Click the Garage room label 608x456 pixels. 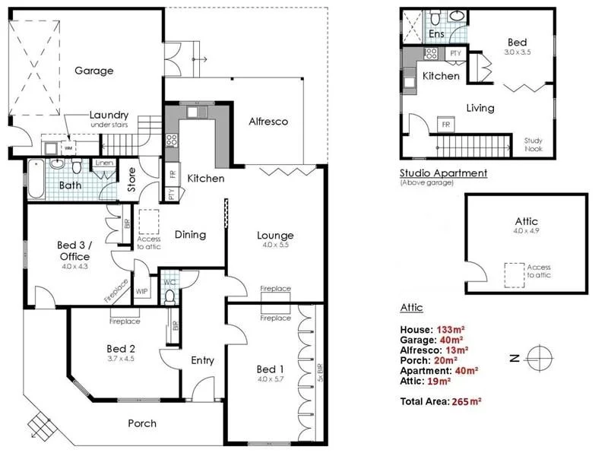93,71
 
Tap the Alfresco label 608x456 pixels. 268,121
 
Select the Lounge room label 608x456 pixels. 274,236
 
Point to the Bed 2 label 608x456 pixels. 121,349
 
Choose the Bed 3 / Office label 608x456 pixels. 73,251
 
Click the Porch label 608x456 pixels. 142,423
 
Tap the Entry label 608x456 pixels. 202,360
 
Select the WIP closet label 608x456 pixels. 141,291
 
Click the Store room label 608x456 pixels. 131,185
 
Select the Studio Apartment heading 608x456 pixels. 443,173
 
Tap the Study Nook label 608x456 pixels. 534,144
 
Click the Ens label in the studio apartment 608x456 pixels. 436,34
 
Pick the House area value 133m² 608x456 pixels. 450,329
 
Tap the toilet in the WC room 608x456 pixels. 170,295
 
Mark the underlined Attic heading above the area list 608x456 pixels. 411,308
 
